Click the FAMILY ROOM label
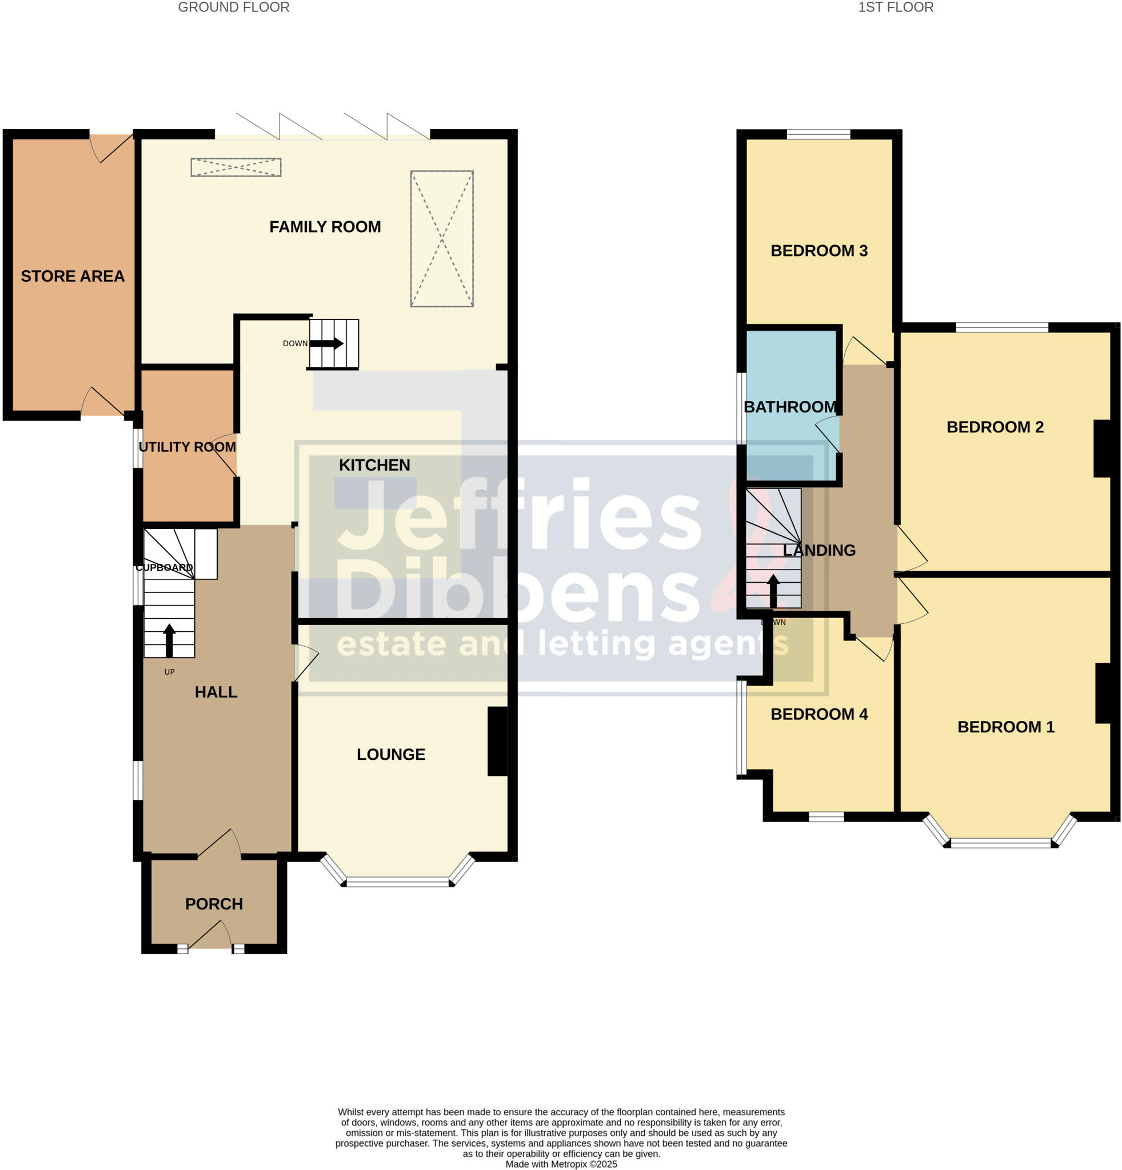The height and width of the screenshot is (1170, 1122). (325, 227)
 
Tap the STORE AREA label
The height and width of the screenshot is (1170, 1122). (72, 277)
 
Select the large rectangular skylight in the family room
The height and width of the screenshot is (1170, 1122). (442, 239)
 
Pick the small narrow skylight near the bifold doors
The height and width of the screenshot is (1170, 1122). (236, 167)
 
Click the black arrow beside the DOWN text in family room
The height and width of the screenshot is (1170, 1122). (326, 343)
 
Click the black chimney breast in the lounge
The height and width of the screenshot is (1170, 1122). (497, 742)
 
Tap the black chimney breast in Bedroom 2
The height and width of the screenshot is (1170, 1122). (1103, 449)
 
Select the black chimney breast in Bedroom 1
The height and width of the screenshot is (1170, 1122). (1104, 693)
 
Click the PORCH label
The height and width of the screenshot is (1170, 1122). (214, 904)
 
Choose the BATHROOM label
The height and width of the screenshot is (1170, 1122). (790, 407)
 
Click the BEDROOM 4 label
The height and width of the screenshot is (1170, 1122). (818, 714)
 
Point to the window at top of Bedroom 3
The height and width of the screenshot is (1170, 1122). (818, 134)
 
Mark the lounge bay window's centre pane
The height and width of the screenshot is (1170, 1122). (398, 881)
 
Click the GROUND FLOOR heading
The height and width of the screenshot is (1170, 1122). (233, 8)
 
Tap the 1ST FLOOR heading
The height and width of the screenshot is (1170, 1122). (895, 8)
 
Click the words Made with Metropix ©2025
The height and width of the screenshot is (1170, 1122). (561, 1164)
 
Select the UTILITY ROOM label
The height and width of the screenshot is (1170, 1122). (187, 447)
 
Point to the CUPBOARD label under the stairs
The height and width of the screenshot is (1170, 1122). (164, 567)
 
